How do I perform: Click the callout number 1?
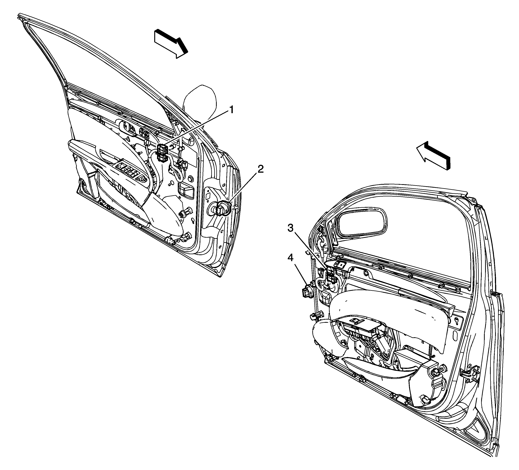pos(232,110)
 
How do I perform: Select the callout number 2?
pos(260,169)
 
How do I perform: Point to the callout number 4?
pos(290,257)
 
